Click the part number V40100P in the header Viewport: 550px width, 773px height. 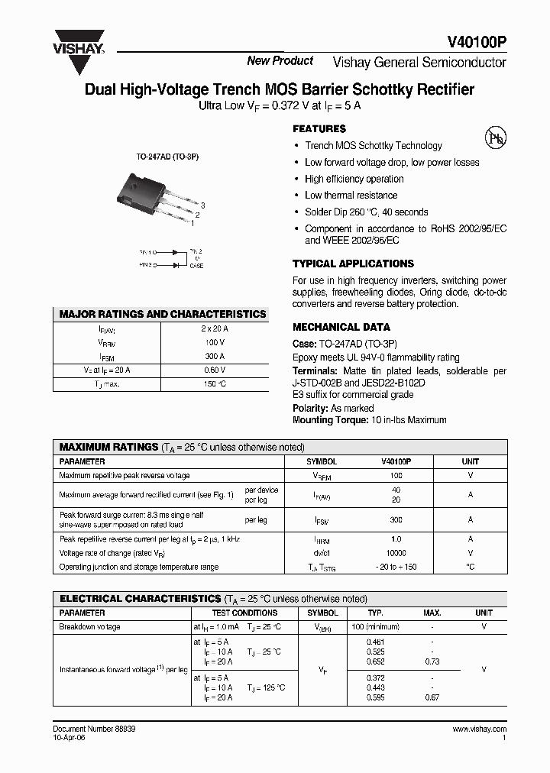click(476, 44)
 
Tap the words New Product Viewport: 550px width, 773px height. click(280, 61)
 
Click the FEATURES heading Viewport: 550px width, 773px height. click(319, 129)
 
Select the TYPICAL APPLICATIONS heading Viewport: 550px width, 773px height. click(353, 264)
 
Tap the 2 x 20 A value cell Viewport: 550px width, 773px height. click(215, 328)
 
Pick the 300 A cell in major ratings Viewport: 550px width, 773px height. click(215, 356)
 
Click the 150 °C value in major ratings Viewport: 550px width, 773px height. click(215, 383)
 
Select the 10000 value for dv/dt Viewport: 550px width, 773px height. click(396, 552)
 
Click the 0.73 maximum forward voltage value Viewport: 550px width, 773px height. click(432, 661)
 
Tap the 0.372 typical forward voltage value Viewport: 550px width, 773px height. click(375, 678)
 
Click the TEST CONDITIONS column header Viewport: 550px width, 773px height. click(244, 613)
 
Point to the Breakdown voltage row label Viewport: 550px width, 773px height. click(89, 627)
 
